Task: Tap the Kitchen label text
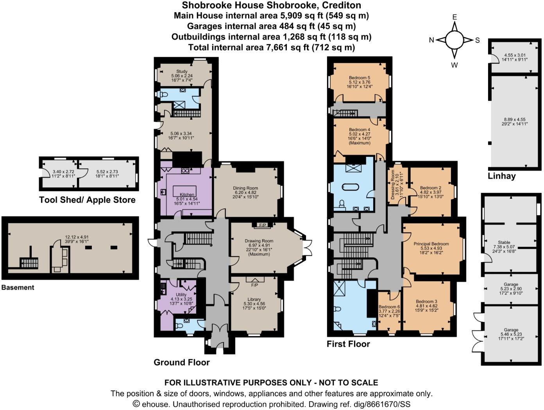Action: pos(187,194)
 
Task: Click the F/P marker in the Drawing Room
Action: pos(263,225)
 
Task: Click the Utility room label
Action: pos(181,295)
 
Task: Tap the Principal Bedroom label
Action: pos(431,244)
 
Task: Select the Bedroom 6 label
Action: pos(389,307)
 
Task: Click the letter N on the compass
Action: pos(432,40)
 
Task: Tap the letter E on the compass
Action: pos(455,17)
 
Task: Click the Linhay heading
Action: pos(501,176)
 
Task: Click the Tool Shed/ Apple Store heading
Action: pos(87,200)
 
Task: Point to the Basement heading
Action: pos(18,288)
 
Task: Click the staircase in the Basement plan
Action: pos(29,263)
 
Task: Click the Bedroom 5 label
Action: pos(360,77)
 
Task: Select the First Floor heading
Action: pos(348,344)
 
